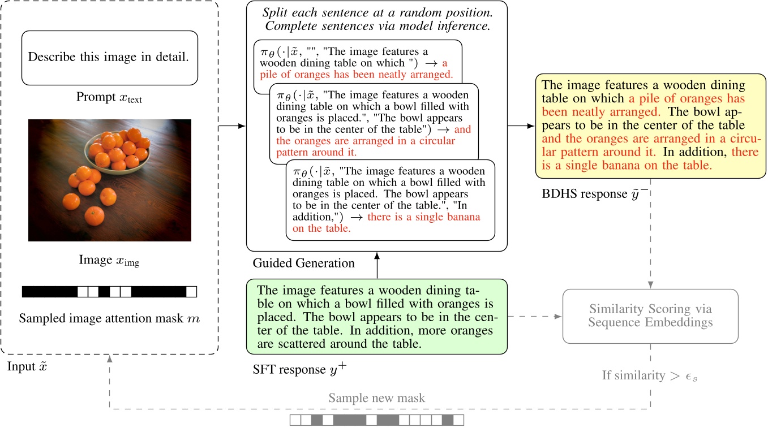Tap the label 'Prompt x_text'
pyautogui.click(x=109, y=98)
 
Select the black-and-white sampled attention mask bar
pyautogui.click(x=109, y=292)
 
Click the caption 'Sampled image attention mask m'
pyautogui.click(x=109, y=318)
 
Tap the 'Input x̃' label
pyautogui.click(x=27, y=366)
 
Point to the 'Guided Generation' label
pyautogui.click(x=303, y=263)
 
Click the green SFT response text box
pyautogui.click(x=376, y=316)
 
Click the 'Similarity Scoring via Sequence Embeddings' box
pyautogui.click(x=650, y=316)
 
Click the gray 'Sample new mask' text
pyautogui.click(x=376, y=398)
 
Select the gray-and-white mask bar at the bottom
pyautogui.click(x=376, y=420)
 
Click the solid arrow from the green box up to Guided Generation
pyautogui.click(x=376, y=265)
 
